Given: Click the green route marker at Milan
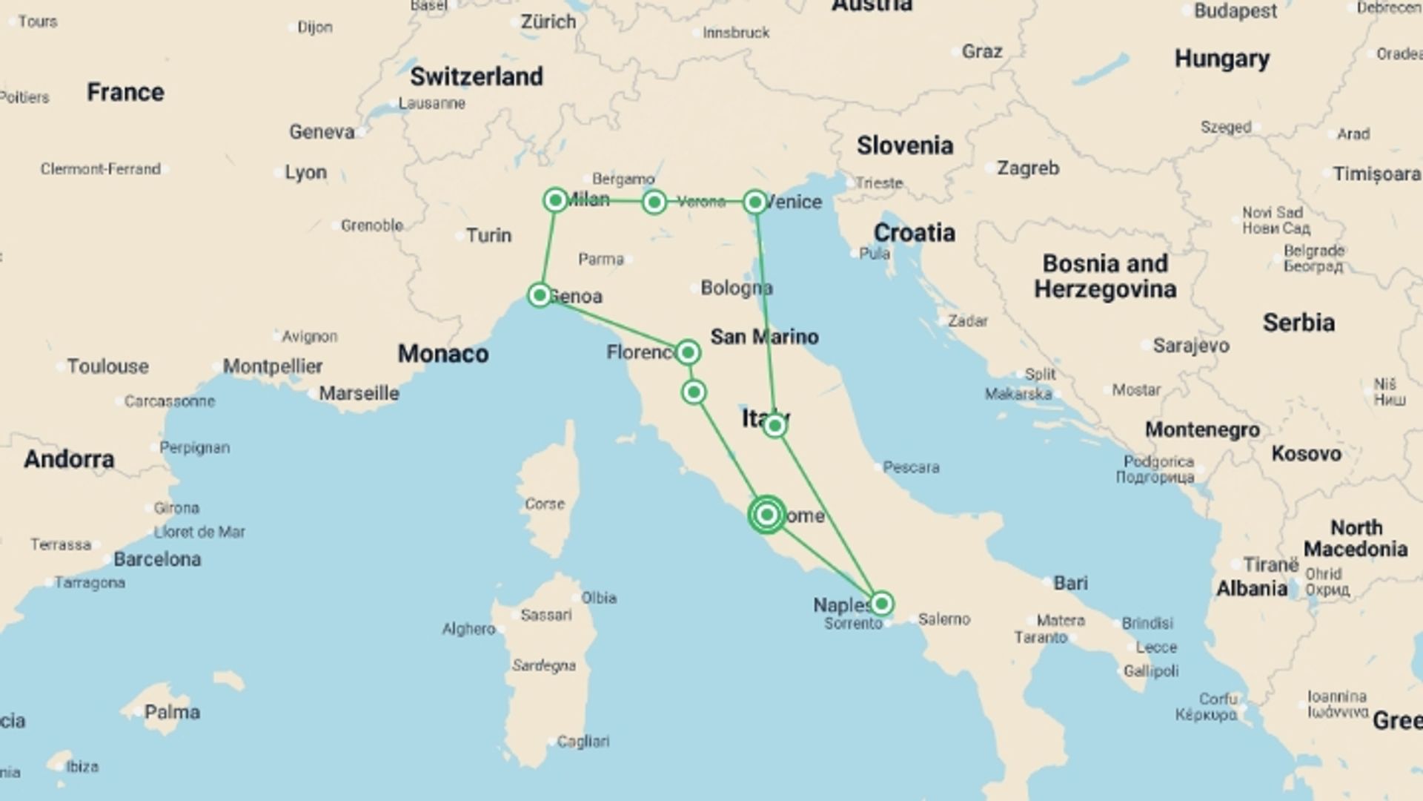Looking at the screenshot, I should pyautogui.click(x=555, y=200).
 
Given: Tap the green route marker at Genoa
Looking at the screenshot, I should pyautogui.click(x=540, y=295).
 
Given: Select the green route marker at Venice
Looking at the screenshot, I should pyautogui.click(x=754, y=202).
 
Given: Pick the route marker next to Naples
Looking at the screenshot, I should pyautogui.click(x=881, y=603).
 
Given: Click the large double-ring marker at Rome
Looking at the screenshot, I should pyautogui.click(x=767, y=514).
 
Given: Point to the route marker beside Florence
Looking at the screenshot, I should pyautogui.click(x=688, y=352).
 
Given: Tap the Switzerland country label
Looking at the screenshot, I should pyautogui.click(x=477, y=76).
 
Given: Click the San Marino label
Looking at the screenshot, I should pyautogui.click(x=764, y=337).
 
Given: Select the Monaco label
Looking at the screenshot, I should pyautogui.click(x=443, y=354).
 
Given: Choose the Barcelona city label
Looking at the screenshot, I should pyautogui.click(x=157, y=559).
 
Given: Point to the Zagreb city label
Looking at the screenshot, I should pyautogui.click(x=1027, y=168).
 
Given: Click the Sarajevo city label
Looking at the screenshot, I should pyautogui.click(x=1191, y=345).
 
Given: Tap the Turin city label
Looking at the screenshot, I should pyautogui.click(x=488, y=236).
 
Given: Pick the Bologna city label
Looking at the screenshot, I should pyautogui.click(x=736, y=288).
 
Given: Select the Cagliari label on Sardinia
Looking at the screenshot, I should pyautogui.click(x=583, y=741).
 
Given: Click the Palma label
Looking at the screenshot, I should pyautogui.click(x=172, y=713).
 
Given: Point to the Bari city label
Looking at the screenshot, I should pyautogui.click(x=1070, y=583).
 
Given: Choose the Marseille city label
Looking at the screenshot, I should pyautogui.click(x=359, y=393).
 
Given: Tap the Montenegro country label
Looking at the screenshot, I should pyautogui.click(x=1202, y=429).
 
